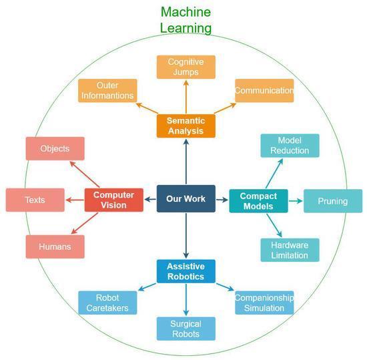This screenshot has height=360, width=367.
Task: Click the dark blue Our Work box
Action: (186, 198)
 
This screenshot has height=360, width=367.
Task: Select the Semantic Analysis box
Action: (186, 126)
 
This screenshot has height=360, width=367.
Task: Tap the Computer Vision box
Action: (113, 200)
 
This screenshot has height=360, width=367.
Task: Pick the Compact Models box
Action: (258, 201)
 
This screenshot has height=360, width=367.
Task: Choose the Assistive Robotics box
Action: (186, 271)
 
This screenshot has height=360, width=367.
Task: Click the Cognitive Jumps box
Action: (186, 67)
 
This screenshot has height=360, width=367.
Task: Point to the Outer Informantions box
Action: (107, 90)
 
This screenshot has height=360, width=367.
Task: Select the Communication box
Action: (264, 90)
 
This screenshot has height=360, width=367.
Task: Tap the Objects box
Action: (55, 148)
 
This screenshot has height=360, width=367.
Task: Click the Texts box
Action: (35, 200)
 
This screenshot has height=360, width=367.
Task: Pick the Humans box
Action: (55, 246)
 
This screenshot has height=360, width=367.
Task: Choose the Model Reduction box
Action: (290, 146)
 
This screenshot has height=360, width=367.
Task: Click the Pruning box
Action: (333, 201)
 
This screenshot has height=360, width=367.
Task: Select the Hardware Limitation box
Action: (290, 250)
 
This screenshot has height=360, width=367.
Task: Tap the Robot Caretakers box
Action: (107, 303)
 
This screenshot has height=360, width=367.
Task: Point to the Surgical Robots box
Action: (186, 329)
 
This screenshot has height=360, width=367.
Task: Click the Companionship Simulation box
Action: (264, 303)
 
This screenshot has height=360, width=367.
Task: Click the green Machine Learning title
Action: (186, 20)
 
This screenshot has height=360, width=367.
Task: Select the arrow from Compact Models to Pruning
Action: (296, 201)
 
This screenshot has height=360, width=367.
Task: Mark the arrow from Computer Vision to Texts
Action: (75, 200)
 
